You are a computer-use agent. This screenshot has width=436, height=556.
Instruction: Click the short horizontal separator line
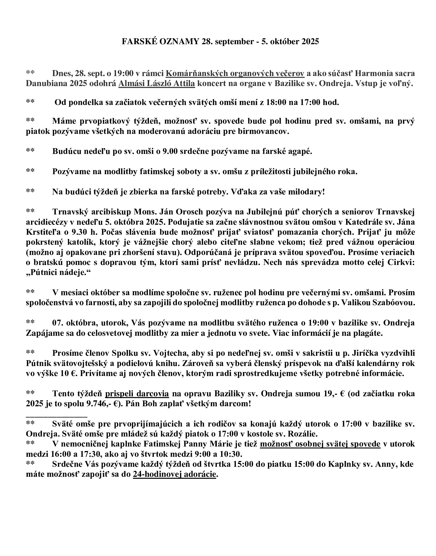56,417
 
